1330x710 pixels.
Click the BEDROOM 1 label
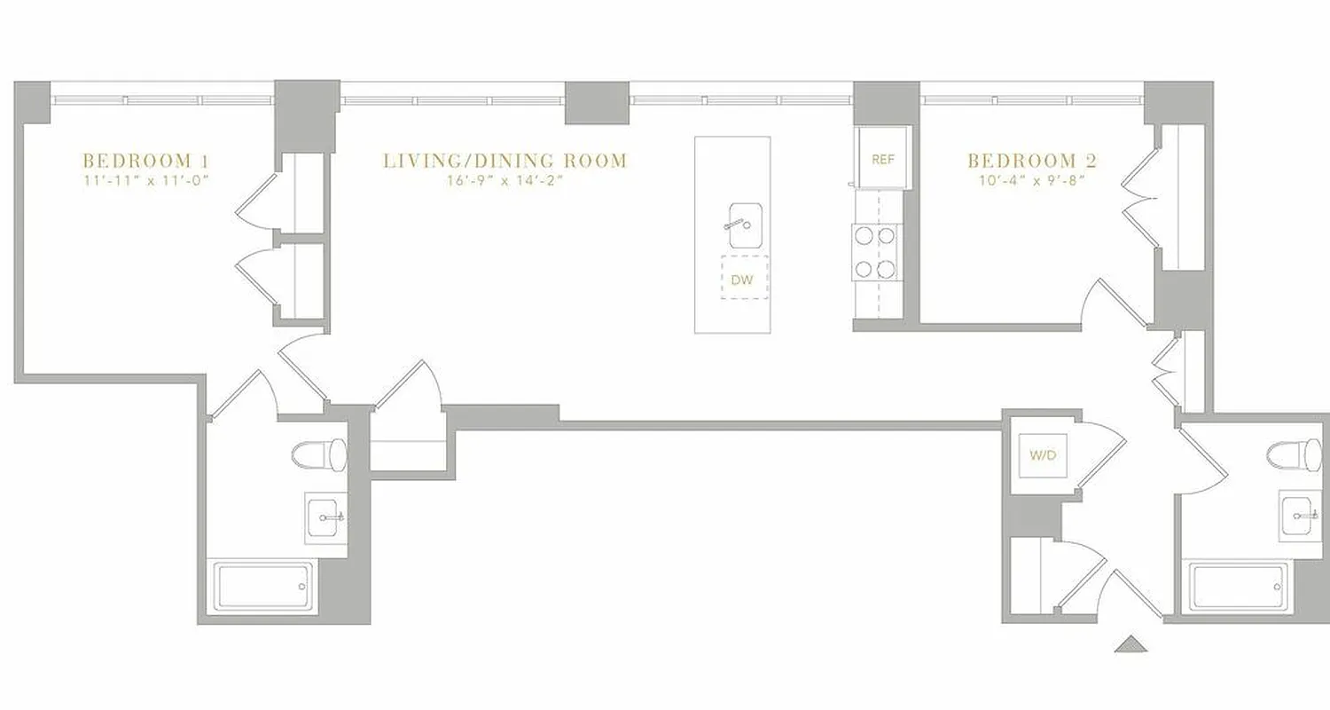coord(146,161)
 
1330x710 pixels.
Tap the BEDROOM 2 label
coord(1032,161)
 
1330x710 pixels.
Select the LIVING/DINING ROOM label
coord(505,161)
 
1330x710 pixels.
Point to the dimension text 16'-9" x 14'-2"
coord(505,181)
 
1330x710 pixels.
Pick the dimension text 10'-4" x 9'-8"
coord(1032,181)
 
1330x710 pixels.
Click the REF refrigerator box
coord(883,159)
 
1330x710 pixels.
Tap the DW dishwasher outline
coord(743,279)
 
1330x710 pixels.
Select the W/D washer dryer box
coord(1043,456)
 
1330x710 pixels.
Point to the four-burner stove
coord(876,252)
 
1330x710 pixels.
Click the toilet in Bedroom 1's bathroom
coord(320,454)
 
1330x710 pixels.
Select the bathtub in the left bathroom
coord(263,586)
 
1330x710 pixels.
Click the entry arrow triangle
coord(1130,645)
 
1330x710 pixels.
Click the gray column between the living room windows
coord(597,102)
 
